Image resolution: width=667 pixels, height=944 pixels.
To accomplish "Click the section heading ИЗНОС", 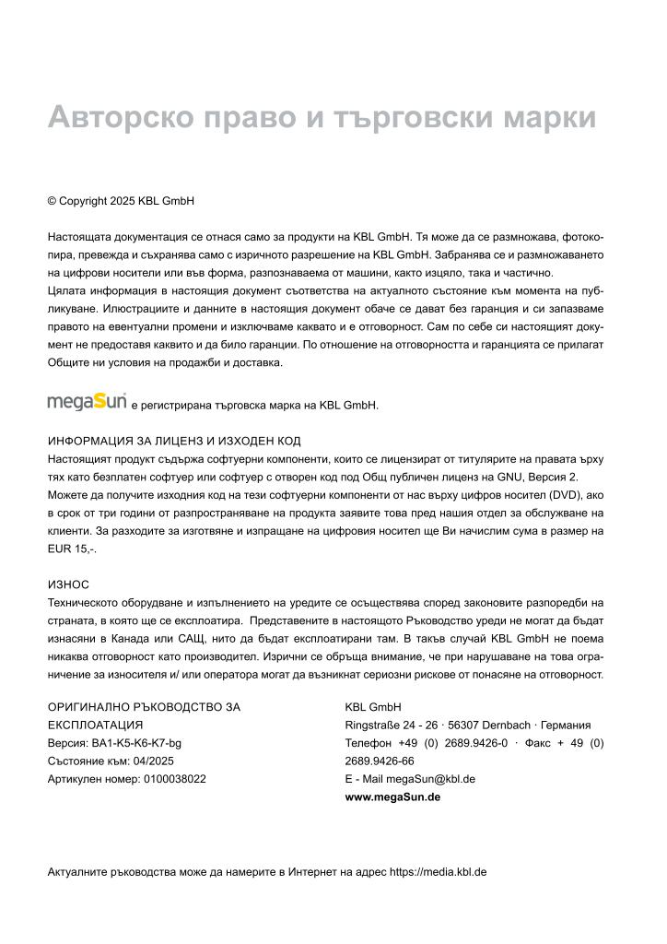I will point(68,584).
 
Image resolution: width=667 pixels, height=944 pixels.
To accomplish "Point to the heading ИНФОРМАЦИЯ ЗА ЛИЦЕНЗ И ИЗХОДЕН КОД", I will point(174,441).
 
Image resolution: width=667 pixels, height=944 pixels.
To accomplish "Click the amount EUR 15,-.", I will point(71,549).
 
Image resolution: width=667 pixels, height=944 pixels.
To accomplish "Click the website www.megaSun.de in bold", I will point(392,796).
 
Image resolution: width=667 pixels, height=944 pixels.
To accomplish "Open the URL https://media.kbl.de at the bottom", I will point(438,872).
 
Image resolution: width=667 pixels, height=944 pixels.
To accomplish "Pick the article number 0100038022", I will point(174,779).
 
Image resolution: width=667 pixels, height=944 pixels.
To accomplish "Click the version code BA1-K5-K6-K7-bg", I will point(136,743).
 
